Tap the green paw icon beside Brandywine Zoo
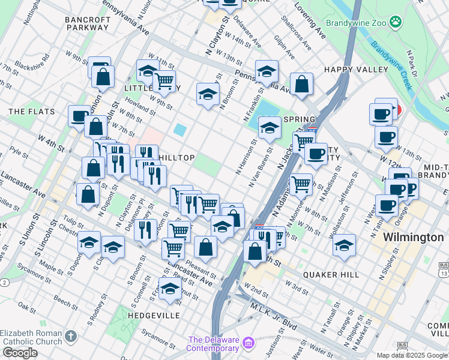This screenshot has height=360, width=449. point(395,23)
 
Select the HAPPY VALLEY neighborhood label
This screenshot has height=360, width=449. point(356,70)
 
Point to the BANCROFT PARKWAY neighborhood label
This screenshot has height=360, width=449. point(88,23)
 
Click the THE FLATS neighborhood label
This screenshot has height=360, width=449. point(32,112)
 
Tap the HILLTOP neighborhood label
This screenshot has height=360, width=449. point(176,158)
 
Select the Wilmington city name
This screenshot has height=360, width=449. point(413,237)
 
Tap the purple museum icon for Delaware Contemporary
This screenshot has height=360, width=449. point(249,343)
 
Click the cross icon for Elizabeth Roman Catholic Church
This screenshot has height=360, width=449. point(71,337)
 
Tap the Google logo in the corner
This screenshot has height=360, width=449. point(20,353)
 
